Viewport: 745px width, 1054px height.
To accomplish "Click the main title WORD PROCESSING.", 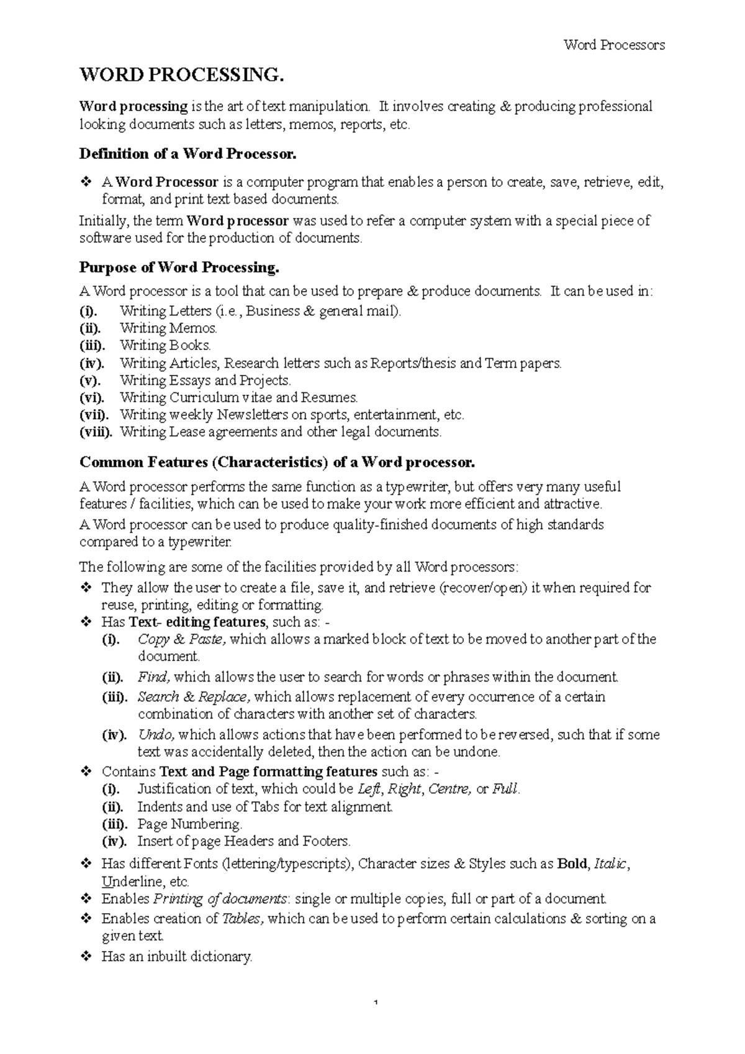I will (x=181, y=75).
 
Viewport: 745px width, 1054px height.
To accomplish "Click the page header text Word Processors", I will (x=613, y=45).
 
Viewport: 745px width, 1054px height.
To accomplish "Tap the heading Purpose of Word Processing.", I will (x=179, y=268).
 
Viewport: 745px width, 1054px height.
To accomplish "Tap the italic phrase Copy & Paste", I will (x=182, y=639).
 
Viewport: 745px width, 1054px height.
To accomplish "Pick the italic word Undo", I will (x=156, y=735).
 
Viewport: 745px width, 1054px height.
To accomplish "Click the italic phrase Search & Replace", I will (x=194, y=697).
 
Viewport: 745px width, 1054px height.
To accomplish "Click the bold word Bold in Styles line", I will (x=572, y=864).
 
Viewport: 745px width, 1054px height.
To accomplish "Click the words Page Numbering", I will (x=189, y=824).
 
